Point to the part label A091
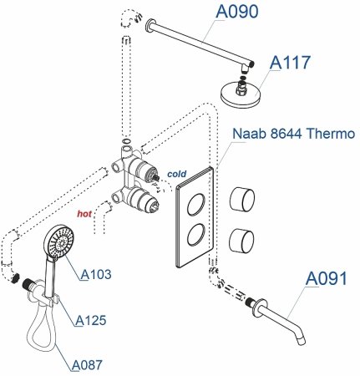coord(327,279)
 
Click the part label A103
coord(97,273)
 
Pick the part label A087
coord(89,363)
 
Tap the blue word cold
coord(176,173)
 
